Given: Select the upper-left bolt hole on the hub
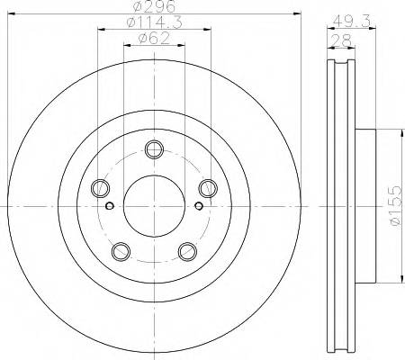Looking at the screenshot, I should tap(100, 188).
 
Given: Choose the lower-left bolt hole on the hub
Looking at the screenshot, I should tap(121, 250).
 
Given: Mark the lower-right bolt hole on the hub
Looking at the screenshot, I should tap(186, 250).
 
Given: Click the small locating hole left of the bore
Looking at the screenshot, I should tap(110, 205).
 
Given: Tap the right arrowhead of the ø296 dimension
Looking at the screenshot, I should tap(294, 13).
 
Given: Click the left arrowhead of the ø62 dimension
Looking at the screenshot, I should tap(126, 46).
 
